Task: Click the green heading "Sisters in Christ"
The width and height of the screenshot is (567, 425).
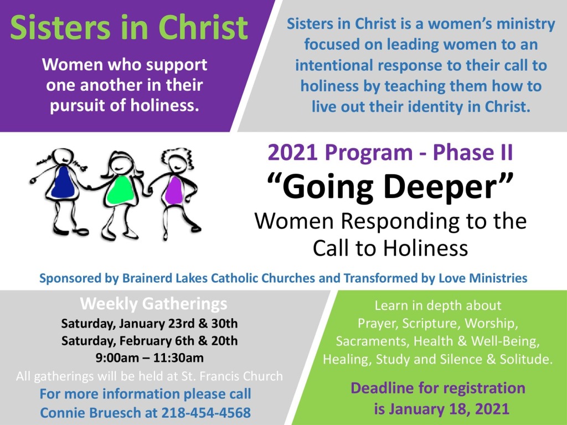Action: pos(129,28)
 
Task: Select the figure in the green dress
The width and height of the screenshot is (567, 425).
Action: pos(120,195)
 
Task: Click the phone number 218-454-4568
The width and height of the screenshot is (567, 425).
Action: pos(206,412)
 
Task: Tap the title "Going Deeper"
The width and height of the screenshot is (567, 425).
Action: pos(390,186)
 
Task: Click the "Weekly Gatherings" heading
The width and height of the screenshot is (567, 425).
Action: pos(154,304)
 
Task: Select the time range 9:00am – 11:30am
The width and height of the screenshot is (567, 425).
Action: pos(150,358)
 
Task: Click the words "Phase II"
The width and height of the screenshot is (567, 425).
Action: pos(473,152)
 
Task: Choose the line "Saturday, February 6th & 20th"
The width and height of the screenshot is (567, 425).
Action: pos(150,341)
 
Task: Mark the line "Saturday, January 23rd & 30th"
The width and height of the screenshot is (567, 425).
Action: pos(150,323)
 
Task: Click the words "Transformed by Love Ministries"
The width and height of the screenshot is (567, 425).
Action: pos(435,278)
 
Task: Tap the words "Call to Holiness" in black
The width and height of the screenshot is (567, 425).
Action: pos(390,248)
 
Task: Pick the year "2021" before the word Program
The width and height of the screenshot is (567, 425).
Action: pos(292,152)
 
